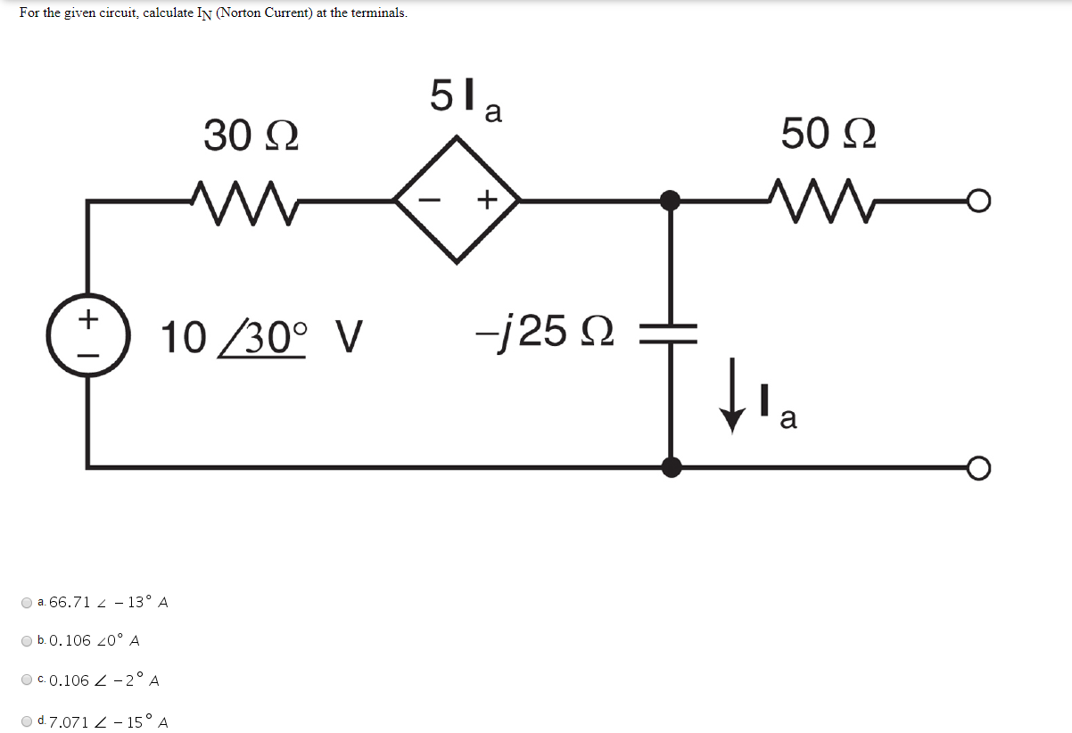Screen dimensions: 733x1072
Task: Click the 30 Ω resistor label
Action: point(251,136)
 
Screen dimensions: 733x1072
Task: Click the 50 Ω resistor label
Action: point(829,135)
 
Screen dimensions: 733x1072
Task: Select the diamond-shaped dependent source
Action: point(458,200)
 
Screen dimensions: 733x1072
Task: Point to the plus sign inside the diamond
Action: point(486,201)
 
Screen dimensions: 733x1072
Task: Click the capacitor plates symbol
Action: point(671,333)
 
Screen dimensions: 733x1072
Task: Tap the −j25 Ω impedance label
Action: point(544,332)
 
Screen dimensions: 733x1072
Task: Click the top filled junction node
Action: point(672,201)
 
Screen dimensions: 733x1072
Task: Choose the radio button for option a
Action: point(28,603)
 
